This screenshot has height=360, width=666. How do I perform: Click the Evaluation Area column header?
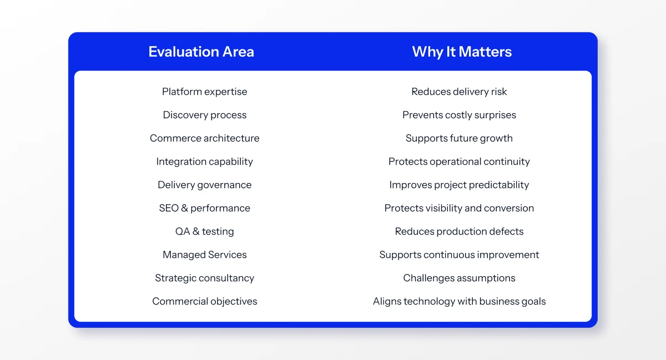[201, 52]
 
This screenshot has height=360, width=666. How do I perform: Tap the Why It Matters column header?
[462, 52]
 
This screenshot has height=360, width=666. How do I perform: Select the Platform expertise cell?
[205, 92]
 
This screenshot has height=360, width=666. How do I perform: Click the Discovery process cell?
[205, 115]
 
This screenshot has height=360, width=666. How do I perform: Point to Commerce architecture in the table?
[205, 138]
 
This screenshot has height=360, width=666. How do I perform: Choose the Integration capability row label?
[205, 161]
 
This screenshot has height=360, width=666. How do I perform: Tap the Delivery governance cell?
[205, 185]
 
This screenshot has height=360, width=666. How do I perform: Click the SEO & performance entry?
[205, 208]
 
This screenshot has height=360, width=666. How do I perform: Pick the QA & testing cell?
[205, 231]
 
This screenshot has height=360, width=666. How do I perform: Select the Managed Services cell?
[205, 255]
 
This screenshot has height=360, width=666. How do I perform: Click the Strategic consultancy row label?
[205, 278]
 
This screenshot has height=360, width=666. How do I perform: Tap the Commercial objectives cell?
[205, 301]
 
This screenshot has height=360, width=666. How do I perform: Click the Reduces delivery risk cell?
[459, 92]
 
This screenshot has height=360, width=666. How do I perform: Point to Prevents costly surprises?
[459, 115]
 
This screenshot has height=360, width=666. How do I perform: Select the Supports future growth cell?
[459, 138]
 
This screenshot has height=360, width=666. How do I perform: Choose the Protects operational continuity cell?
[459, 161]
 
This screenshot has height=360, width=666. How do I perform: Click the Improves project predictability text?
[459, 185]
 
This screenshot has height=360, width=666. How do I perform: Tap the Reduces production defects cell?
[459, 231]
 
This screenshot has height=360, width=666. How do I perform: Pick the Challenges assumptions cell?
[459, 278]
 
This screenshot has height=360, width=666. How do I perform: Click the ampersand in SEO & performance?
[184, 208]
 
